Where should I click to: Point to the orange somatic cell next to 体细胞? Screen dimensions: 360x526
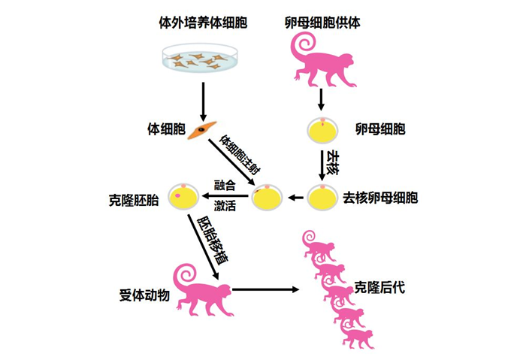click(x=202, y=130)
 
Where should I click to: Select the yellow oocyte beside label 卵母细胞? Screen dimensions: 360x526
click(x=322, y=132)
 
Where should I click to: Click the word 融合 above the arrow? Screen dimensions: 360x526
click(x=225, y=185)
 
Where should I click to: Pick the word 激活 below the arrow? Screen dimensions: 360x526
click(x=225, y=205)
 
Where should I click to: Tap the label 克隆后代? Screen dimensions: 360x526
click(x=380, y=287)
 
